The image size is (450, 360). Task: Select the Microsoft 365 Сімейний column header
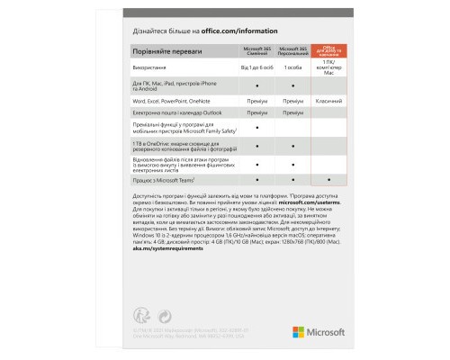click(x=257, y=50)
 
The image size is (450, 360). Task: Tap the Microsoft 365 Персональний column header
click(x=295, y=50)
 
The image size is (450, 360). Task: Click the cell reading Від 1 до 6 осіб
click(x=257, y=68)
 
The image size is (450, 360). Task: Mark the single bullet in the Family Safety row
click(x=257, y=128)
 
